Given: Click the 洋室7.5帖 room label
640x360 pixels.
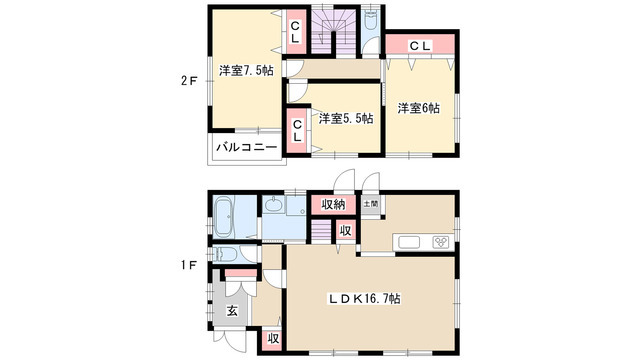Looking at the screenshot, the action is pos(246,71).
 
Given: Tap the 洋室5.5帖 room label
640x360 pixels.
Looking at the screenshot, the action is pos(346,119).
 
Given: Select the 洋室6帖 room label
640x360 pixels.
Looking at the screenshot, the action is pos(419,108).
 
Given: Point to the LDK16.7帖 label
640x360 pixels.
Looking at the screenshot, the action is pos(365,299).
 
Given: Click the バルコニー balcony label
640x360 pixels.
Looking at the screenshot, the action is pos(246,147).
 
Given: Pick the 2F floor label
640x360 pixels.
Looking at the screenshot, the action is pos(189,81).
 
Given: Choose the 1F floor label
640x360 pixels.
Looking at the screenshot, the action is pos(189,266).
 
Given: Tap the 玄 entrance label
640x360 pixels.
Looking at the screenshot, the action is pos(232,311).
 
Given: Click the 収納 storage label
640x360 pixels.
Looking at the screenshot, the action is pos(333,204).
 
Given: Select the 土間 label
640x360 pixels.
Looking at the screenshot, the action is pos(371,203).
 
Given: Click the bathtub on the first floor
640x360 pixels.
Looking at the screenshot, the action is pos(223,217).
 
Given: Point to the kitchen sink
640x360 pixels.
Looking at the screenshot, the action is pos(409,242).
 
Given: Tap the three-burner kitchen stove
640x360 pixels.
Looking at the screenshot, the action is pos(441,242).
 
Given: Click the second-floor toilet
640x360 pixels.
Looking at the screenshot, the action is pos(371,22).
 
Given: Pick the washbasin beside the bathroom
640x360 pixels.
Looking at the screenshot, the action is pos(271,205).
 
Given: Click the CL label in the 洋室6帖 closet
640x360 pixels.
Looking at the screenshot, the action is pos(420,46).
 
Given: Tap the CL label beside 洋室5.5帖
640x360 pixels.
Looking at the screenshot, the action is pos(297,131).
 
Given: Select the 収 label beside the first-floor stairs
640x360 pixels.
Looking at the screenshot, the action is pos(346,231).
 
